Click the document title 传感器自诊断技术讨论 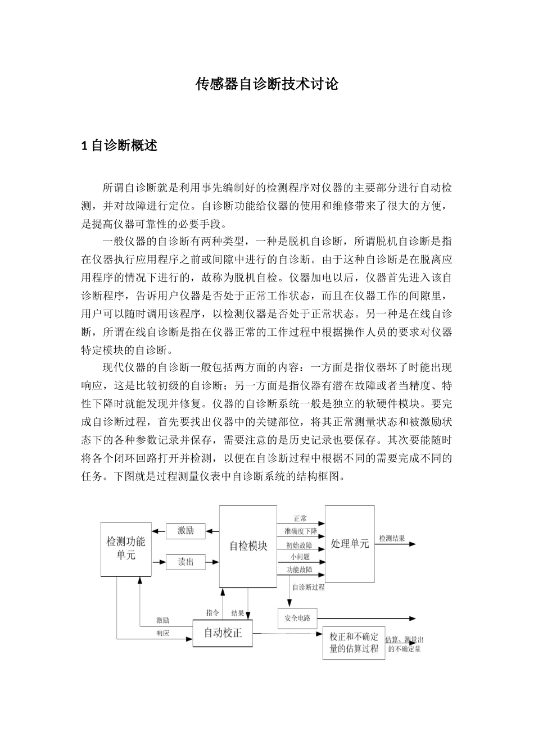coord(266,84)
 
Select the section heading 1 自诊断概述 coord(119,146)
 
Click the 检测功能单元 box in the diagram coord(126,549)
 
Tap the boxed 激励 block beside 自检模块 coord(185,530)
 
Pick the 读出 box coord(185,561)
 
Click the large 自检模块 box coord(248,546)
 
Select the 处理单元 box coord(350,544)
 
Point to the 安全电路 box coord(297,618)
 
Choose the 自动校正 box coord(223,633)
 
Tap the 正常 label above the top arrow coord(300,519)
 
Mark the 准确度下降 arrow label coord(300,531)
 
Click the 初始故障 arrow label coord(299,545)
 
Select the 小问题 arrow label coord(300,557)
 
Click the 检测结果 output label coord(392,538)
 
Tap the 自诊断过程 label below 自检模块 coord(308,588)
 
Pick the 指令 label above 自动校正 coord(212,613)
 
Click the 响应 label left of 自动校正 coord(163,633)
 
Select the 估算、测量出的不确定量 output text coord(404,644)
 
